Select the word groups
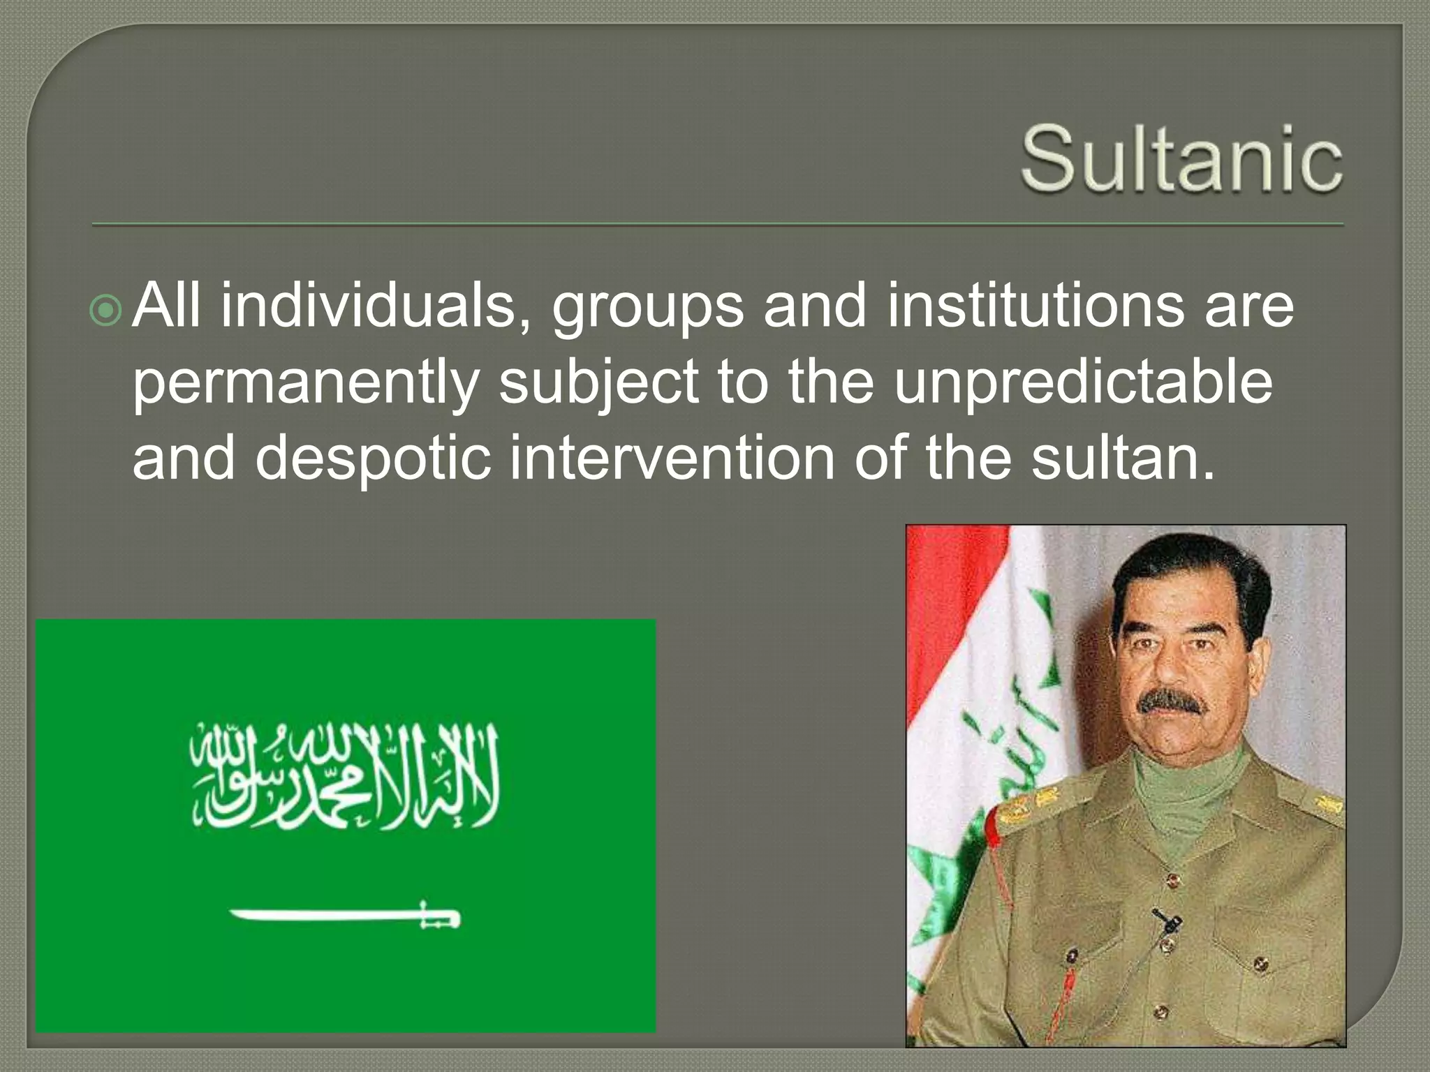coord(648,308)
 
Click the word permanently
coord(305,384)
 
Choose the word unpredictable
coord(1083,384)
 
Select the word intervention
coord(672,459)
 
